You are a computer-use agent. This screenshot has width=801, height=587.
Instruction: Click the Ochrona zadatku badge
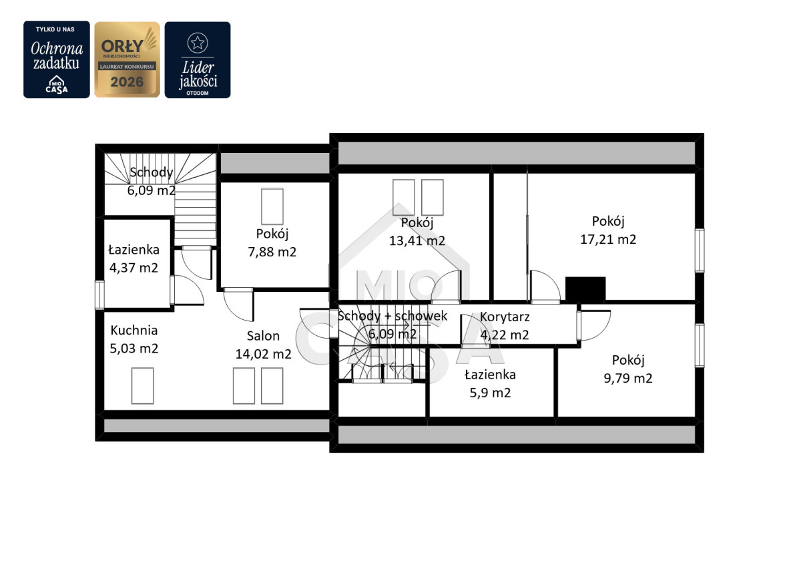tap(57, 59)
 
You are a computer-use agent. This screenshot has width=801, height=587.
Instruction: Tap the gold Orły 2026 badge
tap(127, 59)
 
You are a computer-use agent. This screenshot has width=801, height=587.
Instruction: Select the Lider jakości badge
tap(198, 59)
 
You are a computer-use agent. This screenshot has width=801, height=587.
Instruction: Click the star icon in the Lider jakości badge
tap(198, 43)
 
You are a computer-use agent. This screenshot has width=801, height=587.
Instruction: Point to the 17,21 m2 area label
tap(608, 239)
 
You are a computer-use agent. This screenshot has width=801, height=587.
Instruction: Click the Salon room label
tap(263, 336)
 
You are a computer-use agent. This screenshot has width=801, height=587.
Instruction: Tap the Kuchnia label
tap(133, 330)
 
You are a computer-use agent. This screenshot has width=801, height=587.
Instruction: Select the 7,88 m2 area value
tap(272, 252)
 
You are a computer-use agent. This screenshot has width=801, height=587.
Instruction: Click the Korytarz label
tap(505, 317)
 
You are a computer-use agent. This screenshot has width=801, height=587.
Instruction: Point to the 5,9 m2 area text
tap(490, 393)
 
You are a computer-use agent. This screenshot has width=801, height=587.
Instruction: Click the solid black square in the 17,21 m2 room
tap(585, 289)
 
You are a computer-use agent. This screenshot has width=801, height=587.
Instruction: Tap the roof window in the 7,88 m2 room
tap(272, 206)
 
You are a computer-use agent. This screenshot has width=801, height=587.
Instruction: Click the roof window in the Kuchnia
tap(142, 386)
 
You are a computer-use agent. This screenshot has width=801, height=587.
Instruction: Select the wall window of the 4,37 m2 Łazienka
tap(99, 295)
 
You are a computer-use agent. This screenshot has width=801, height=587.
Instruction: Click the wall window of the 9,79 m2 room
tap(700, 345)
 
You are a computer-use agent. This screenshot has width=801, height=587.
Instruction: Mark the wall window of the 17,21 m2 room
tap(700, 250)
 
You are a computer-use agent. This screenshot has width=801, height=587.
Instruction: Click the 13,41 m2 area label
tap(417, 240)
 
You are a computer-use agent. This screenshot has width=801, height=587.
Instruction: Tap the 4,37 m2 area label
tap(133, 268)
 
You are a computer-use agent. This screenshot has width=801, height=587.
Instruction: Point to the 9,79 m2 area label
tap(628, 378)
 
